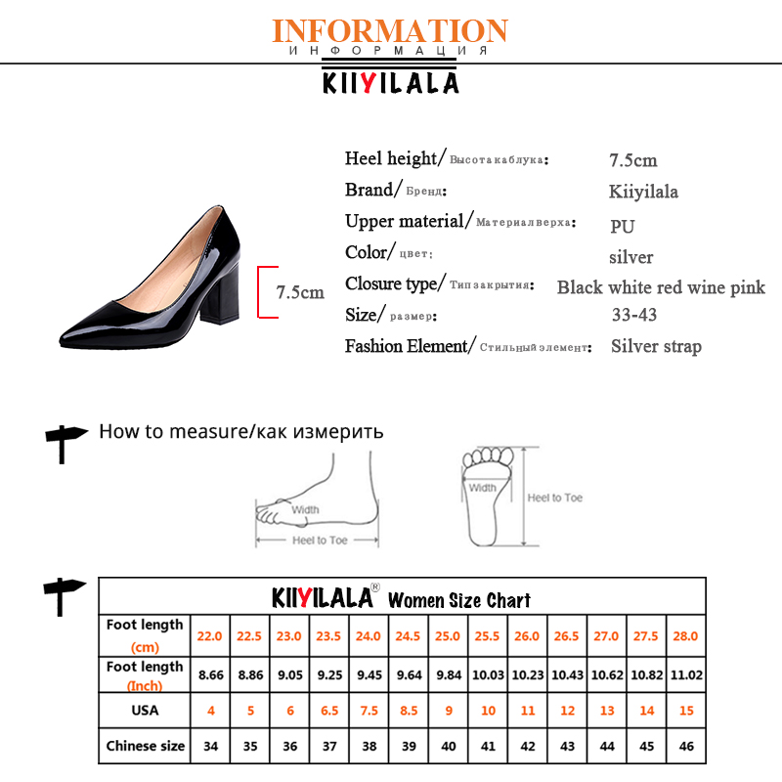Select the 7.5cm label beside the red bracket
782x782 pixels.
(299, 291)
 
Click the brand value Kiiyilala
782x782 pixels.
(643, 191)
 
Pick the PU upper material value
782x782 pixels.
(623, 226)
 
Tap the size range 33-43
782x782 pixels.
(633, 315)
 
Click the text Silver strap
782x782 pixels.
(656, 346)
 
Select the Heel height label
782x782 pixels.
(391, 158)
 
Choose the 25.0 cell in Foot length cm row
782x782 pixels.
(448, 635)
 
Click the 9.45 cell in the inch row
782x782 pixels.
(369, 674)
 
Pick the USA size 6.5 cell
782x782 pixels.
(329, 711)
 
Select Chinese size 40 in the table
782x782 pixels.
(448, 746)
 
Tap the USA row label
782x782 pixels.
(145, 711)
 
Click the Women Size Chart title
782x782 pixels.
(459, 599)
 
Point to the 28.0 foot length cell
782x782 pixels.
(685, 635)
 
